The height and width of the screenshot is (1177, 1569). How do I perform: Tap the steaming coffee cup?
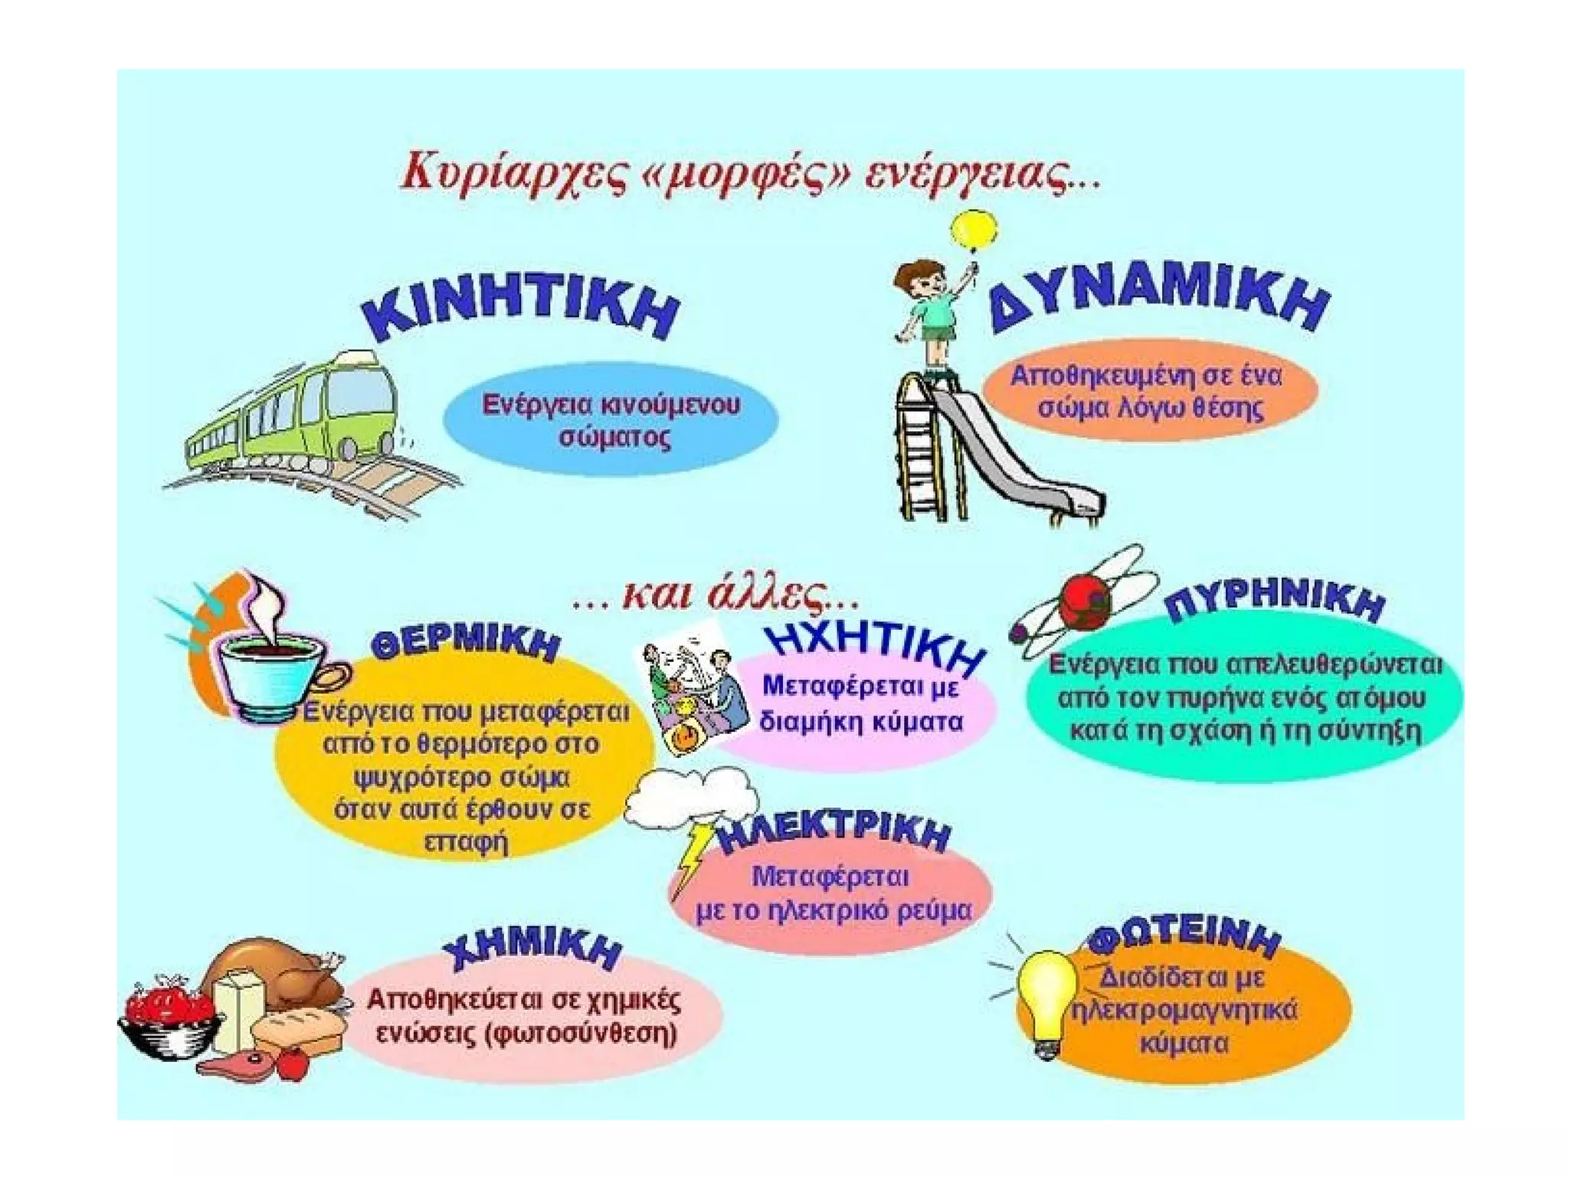(268, 674)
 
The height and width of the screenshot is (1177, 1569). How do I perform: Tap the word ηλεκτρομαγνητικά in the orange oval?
(1184, 1011)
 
